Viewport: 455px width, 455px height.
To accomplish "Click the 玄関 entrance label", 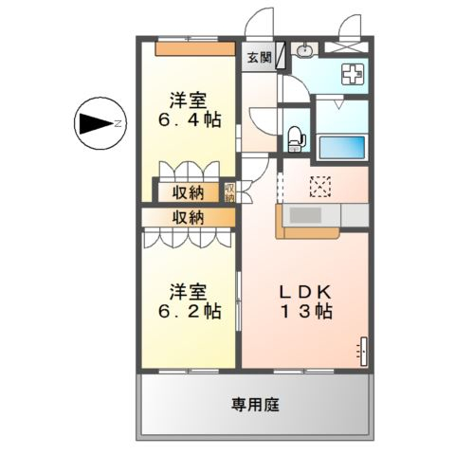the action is pyautogui.click(x=260, y=58).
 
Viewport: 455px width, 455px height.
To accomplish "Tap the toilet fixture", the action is pyautogui.click(x=297, y=139).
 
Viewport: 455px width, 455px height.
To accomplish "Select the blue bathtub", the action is pyautogui.click(x=342, y=147).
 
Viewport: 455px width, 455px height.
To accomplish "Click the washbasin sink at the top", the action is pyautogui.click(x=305, y=49).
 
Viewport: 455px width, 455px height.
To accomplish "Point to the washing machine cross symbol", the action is pyautogui.click(x=353, y=74).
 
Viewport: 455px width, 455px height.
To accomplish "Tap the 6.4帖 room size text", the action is pyautogui.click(x=190, y=120).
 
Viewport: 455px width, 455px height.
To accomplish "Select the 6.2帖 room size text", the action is pyautogui.click(x=190, y=311).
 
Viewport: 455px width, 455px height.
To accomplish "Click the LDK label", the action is pyautogui.click(x=305, y=292).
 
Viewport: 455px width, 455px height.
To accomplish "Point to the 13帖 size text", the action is pyautogui.click(x=306, y=312).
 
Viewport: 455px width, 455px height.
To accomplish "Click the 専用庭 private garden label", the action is pyautogui.click(x=255, y=405).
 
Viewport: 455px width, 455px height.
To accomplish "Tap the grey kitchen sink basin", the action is pyautogui.click(x=305, y=215).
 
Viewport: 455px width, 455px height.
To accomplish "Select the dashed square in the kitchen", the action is pyautogui.click(x=320, y=187).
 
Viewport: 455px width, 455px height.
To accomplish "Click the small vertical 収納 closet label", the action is pyautogui.click(x=230, y=192).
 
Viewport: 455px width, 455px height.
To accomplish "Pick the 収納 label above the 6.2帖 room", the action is pyautogui.click(x=188, y=217).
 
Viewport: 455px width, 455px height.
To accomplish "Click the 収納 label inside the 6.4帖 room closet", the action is pyautogui.click(x=188, y=192).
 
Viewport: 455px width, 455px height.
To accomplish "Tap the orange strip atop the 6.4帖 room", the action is pyautogui.click(x=195, y=49).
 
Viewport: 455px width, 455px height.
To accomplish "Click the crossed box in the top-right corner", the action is pyautogui.click(x=347, y=47).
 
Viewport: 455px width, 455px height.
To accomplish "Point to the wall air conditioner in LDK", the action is pyautogui.click(x=364, y=351).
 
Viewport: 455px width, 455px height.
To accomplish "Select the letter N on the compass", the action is pyautogui.click(x=118, y=123).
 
